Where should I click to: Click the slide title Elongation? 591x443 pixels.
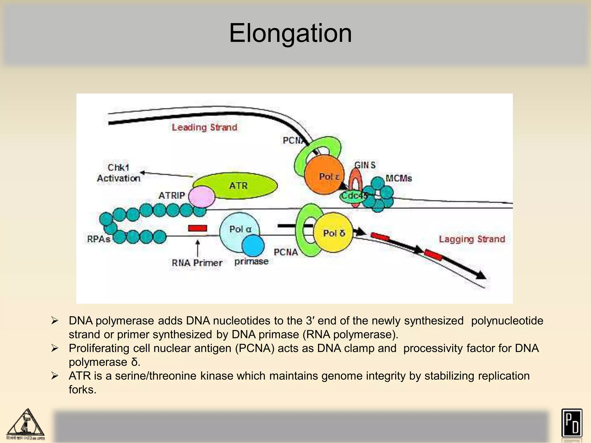click(x=290, y=33)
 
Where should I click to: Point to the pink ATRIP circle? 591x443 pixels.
click(x=201, y=197)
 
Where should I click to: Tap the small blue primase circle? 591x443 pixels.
click(x=253, y=245)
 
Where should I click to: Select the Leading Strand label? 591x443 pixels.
click(x=204, y=127)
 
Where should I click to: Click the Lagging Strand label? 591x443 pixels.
click(x=472, y=239)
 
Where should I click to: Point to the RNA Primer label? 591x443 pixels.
click(x=197, y=263)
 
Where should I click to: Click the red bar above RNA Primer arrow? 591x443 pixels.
click(x=197, y=228)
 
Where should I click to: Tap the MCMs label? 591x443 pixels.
click(x=399, y=178)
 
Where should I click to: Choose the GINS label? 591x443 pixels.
click(x=365, y=165)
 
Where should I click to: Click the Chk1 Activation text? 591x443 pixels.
click(x=119, y=173)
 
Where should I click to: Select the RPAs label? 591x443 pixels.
click(x=99, y=239)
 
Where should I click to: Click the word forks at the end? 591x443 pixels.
click(x=82, y=390)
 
